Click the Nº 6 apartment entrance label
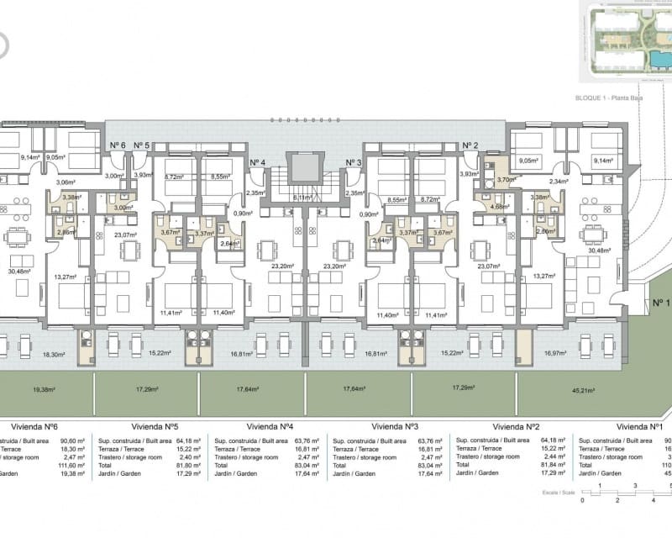tap(118, 145)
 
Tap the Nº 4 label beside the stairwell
tap(258, 162)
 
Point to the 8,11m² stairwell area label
tap(304, 198)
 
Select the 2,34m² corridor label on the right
tap(559, 181)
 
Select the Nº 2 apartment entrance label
tap(470, 145)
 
